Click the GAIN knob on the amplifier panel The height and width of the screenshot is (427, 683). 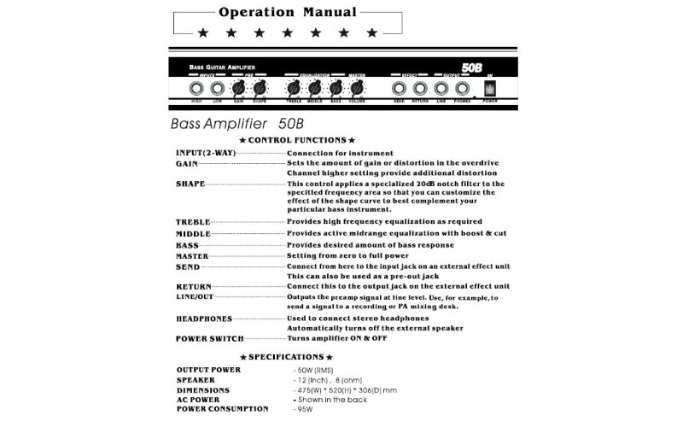tap(238, 88)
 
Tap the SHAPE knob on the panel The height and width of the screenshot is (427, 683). tap(260, 88)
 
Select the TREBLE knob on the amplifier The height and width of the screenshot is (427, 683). tap(295, 88)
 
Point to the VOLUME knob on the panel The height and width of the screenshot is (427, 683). tap(357, 88)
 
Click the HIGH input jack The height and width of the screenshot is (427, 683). tap(196, 88)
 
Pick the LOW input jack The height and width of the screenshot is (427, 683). tap(218, 88)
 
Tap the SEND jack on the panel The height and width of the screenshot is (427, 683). tap(399, 88)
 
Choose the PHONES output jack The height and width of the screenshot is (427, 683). tap(462, 88)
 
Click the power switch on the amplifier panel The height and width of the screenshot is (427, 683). tap(489, 88)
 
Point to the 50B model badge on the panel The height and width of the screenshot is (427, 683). tap(475, 67)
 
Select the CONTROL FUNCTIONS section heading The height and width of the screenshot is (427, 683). tap(297, 139)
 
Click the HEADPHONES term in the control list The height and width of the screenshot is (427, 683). tap(204, 319)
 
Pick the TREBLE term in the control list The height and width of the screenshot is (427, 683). tap(193, 222)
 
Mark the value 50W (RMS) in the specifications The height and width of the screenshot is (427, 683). tap(316, 370)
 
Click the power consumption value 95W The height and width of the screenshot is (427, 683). tap(304, 409)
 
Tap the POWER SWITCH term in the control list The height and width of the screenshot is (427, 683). tap(209, 339)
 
